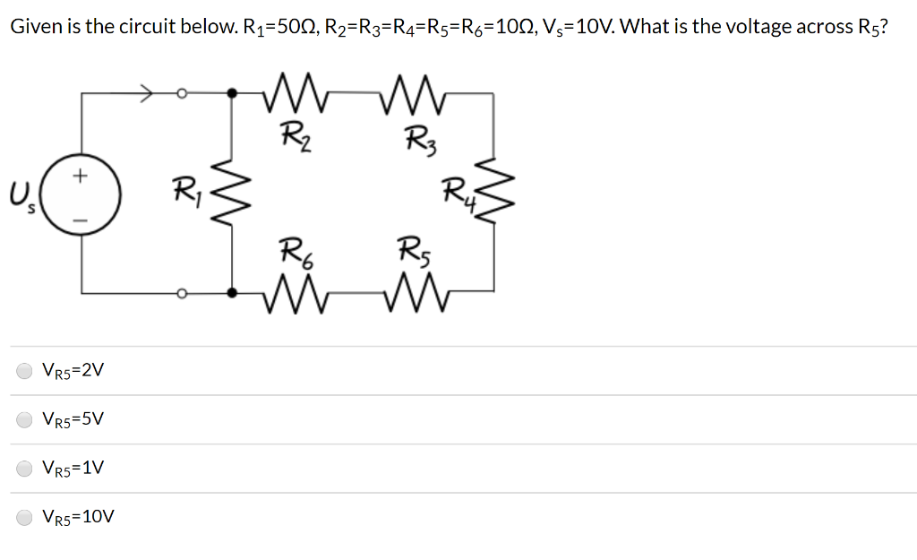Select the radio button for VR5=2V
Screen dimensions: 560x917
click(25, 370)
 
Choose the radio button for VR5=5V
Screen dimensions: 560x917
click(25, 418)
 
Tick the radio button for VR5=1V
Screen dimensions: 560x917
click(25, 468)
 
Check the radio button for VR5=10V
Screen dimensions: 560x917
click(25, 517)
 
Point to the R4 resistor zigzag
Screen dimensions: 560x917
click(493, 190)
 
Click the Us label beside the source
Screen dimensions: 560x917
click(20, 194)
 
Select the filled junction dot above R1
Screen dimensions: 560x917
click(233, 91)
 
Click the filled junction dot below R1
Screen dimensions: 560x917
click(233, 292)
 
